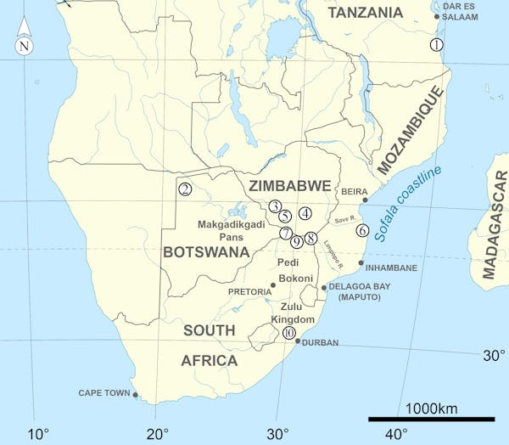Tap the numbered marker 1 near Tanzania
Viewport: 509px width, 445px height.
[437, 44]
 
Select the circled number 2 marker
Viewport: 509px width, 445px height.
[185, 189]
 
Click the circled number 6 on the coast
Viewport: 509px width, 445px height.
[362, 230]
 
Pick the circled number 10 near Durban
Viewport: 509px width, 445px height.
[289, 333]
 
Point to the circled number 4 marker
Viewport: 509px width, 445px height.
[305, 213]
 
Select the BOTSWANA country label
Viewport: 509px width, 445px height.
[206, 252]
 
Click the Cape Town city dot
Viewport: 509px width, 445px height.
[135, 394]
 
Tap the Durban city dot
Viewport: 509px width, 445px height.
[297, 341]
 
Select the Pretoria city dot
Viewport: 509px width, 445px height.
[273, 285]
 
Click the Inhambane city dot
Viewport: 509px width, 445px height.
[361, 262]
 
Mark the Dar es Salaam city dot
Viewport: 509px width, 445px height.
[437, 16]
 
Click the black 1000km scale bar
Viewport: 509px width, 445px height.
[431, 419]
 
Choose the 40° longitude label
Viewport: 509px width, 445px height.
[396, 435]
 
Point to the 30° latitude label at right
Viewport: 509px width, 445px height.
[494, 356]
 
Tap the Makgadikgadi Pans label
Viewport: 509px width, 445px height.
[231, 231]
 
